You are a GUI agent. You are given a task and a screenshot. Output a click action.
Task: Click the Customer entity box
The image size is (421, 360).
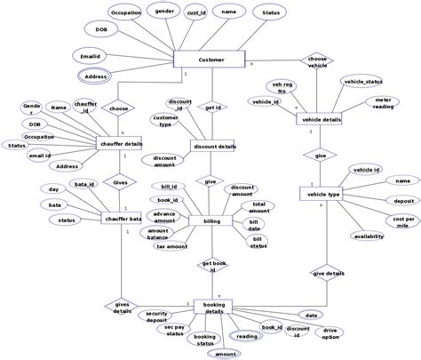(x=210, y=60)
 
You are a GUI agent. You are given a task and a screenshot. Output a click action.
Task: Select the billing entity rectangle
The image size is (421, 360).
(x=211, y=220)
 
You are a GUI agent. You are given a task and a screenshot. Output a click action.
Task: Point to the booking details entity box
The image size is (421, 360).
(x=213, y=307)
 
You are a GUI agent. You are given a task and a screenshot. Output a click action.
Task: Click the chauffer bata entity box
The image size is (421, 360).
(x=123, y=218)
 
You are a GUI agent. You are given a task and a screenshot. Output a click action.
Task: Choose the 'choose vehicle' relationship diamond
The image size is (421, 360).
(x=317, y=61)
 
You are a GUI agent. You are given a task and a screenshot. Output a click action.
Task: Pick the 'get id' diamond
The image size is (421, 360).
(x=213, y=108)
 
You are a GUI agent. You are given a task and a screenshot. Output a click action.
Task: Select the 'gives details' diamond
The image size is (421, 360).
(x=123, y=307)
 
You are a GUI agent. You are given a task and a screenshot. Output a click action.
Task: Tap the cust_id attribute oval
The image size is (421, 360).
(x=197, y=13)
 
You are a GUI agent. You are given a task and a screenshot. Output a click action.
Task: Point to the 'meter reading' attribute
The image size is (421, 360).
(x=384, y=104)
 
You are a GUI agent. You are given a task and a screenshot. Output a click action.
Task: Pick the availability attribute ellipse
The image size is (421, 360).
(x=369, y=236)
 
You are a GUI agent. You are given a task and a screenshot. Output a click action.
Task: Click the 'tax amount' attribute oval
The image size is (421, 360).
(x=171, y=246)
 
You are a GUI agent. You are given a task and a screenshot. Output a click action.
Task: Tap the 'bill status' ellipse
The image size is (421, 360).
(x=257, y=241)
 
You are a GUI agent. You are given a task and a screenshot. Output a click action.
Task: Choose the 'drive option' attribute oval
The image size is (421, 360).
(x=330, y=333)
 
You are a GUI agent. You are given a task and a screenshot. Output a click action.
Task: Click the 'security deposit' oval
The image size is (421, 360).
(x=157, y=316)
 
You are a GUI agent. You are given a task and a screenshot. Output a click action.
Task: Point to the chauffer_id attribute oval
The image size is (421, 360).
(x=86, y=107)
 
